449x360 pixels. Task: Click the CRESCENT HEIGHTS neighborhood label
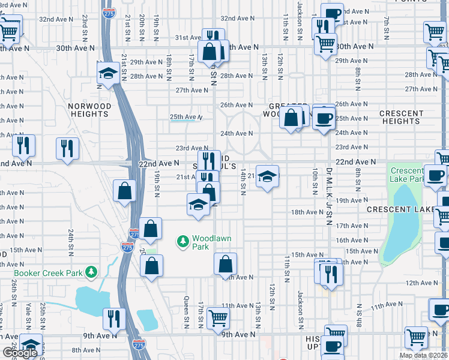pyautogui.click(x=400, y=117)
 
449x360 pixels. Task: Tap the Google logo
pyautogui.click(x=20, y=352)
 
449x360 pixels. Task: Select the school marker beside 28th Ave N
pyautogui.click(x=108, y=74)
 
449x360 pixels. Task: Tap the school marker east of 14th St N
pyautogui.click(x=268, y=176)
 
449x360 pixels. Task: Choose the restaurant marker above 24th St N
pyautogui.click(x=67, y=149)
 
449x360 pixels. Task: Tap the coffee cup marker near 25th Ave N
pyautogui.click(x=324, y=119)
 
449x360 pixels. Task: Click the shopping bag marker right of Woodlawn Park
pyautogui.click(x=225, y=264)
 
